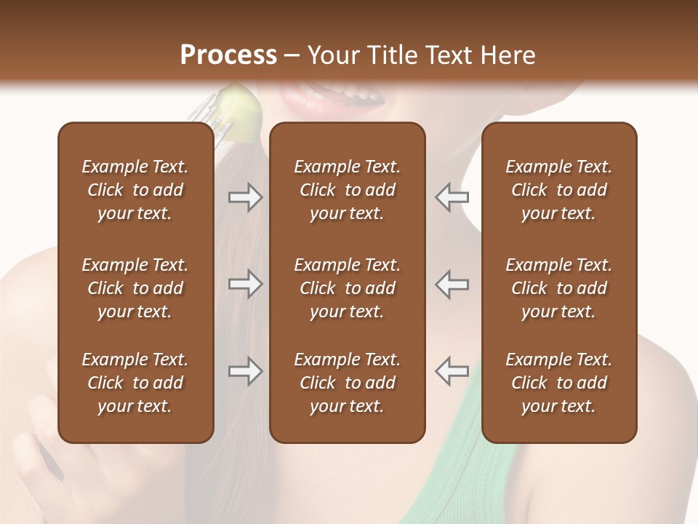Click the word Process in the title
228,55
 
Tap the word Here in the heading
508,55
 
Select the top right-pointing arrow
245,196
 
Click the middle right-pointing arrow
245,284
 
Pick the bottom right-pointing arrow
245,371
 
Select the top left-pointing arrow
452,196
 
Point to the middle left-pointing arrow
452,284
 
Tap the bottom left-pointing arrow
452,371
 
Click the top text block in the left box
135,190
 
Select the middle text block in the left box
135,288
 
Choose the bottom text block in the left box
135,383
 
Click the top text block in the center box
347,190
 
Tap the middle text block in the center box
347,288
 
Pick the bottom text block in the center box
347,383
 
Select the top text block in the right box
558,190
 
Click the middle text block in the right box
558,288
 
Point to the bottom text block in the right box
558,383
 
